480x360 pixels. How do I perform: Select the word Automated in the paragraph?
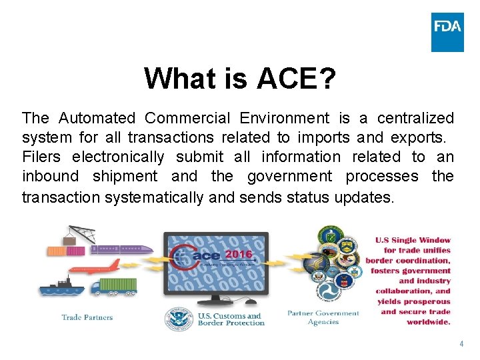click(97, 119)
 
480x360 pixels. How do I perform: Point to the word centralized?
click(415, 119)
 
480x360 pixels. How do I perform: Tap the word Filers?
click(41, 157)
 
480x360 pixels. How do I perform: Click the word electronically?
click(118, 157)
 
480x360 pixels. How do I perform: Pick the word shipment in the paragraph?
click(125, 177)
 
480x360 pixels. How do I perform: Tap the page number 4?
click(460, 344)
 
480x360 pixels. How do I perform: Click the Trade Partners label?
click(87, 317)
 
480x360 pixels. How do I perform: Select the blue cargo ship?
click(61, 287)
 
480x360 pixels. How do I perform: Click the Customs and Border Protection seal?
click(179, 319)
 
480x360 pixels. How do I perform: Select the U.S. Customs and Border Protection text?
click(231, 319)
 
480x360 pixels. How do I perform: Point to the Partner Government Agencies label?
click(323, 317)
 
